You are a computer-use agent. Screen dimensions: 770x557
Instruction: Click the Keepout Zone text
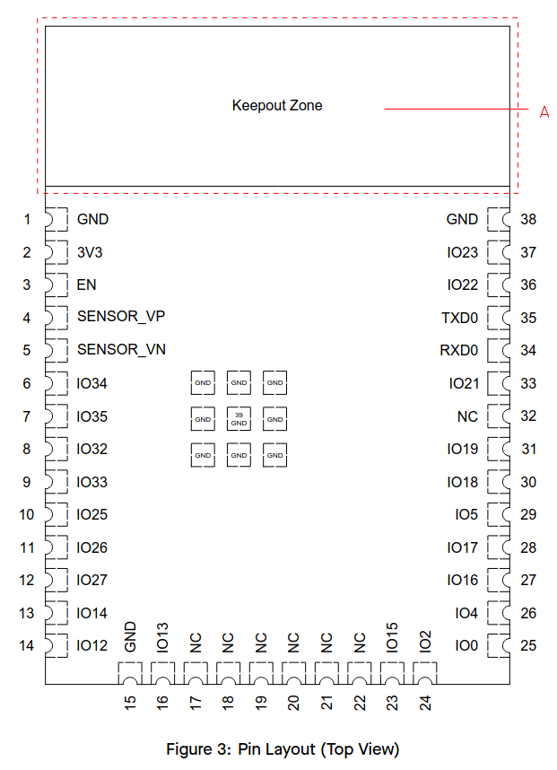pos(277,106)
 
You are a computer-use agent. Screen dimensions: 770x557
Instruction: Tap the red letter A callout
pos(544,112)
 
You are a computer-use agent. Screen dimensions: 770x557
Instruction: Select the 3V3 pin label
pos(90,252)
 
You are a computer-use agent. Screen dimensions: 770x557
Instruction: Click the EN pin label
pos(87,284)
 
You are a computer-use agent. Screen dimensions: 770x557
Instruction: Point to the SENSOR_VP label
pos(121,317)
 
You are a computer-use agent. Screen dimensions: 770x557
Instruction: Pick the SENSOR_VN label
pos(121,350)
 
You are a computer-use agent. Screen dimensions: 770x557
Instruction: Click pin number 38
pos(528,219)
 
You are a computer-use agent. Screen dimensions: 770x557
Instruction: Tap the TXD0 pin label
pos(460,318)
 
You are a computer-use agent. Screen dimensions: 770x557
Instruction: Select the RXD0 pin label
pos(459,350)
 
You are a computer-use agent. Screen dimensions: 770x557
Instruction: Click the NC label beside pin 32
pos(467,416)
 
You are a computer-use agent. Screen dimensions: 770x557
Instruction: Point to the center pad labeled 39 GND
pos(239,418)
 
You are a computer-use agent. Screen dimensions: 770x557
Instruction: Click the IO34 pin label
pos(92,383)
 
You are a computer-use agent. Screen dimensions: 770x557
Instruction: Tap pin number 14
pos(27,645)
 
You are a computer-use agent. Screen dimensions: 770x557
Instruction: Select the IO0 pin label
pos(466,645)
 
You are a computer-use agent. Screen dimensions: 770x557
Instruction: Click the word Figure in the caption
pos(192,748)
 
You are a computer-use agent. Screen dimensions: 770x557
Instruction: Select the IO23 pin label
pos(463,252)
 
